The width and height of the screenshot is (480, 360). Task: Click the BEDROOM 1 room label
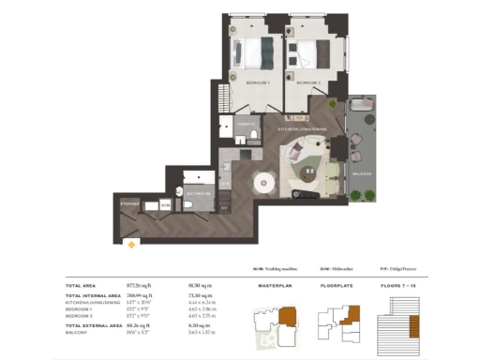[258, 83]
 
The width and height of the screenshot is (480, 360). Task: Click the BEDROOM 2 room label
[308, 83]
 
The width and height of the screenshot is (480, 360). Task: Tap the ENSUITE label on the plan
[246, 124]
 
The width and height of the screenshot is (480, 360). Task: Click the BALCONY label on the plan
[361, 174]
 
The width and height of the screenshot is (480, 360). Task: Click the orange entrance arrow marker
[132, 245]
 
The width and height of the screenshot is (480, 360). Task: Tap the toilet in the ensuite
[254, 137]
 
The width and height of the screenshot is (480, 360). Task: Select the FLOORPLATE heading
[337, 283]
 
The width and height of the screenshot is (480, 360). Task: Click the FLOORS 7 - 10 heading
[397, 283]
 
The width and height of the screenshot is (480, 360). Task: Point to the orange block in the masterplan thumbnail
[288, 317]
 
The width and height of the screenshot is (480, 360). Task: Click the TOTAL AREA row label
[82, 284]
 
